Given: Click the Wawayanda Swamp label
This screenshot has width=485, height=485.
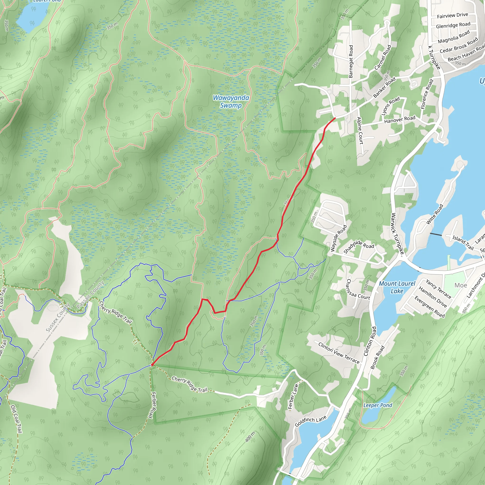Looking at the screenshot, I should tap(231, 101).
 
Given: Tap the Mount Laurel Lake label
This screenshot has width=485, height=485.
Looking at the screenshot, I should tap(397, 287).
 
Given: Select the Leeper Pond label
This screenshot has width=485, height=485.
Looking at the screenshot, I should tap(377, 405).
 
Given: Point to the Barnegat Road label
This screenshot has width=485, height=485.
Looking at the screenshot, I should tap(351, 62).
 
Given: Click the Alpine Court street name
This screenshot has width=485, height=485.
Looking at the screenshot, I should tap(360, 130).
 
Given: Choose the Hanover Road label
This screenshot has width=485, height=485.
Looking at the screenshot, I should tap(400, 120).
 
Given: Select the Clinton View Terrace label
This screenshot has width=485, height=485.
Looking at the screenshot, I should tap(339, 353).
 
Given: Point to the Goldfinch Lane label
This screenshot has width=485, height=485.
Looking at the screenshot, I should tap(310, 421).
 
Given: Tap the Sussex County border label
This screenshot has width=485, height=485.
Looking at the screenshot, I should tap(58, 318).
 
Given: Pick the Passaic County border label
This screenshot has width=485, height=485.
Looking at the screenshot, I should tap(90, 294).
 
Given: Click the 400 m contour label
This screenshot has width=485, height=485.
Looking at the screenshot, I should tap(250, 436).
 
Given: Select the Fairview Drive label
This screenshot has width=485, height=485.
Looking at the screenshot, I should tap(452, 15).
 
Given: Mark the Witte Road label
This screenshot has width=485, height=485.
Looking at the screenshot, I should tap(435, 214).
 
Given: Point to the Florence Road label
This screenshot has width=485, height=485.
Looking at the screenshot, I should tap(427, 94).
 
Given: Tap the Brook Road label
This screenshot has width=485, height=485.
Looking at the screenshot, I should tap(377, 357).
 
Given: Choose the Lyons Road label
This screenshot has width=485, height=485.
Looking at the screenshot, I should tap(390, 106).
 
